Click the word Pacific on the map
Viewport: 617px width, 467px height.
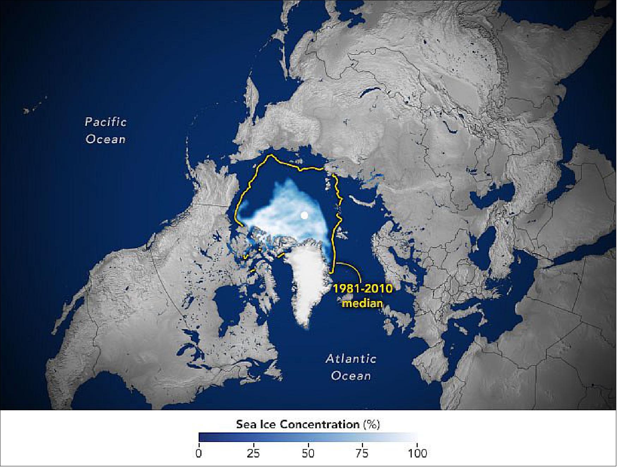pyautogui.click(x=105, y=122)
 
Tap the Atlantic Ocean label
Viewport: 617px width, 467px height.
pyautogui.click(x=351, y=367)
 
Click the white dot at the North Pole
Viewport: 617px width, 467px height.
pyautogui.click(x=304, y=215)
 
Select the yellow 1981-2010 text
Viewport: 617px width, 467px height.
pyautogui.click(x=363, y=289)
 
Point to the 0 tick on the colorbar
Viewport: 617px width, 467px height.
pyautogui.click(x=199, y=453)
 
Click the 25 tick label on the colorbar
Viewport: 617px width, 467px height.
pyautogui.click(x=253, y=453)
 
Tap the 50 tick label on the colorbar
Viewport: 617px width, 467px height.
pyautogui.click(x=308, y=453)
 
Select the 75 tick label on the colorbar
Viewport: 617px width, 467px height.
pyautogui.click(x=363, y=453)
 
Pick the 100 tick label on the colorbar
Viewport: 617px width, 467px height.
pyautogui.click(x=417, y=453)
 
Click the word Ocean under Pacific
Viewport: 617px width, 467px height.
pyautogui.click(x=105, y=139)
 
